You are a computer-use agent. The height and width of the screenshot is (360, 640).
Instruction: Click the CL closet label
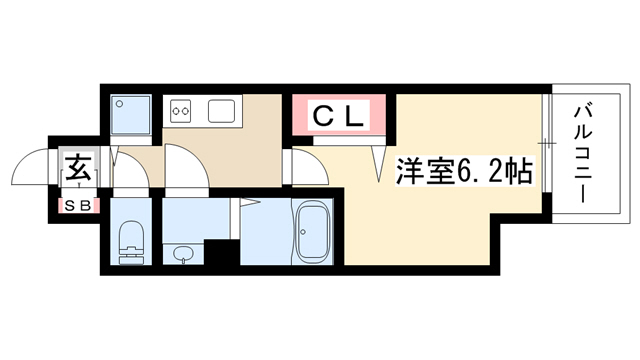click(338, 116)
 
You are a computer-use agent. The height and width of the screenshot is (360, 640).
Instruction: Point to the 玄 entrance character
click(78, 167)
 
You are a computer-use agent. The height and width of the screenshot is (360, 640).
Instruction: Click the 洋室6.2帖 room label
click(464, 171)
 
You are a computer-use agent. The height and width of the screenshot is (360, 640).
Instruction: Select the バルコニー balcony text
click(583, 154)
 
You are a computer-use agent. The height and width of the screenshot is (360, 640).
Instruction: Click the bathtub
click(314, 233)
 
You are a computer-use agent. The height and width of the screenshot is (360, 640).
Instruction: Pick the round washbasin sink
click(182, 254)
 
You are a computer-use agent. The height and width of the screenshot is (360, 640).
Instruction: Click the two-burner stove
click(180, 111)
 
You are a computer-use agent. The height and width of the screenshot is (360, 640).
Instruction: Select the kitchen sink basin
click(221, 111)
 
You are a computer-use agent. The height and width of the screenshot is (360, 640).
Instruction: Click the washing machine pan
click(131, 115)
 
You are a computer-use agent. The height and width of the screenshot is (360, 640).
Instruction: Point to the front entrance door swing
click(30, 167)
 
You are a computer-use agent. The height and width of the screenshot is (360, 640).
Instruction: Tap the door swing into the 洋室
click(310, 167)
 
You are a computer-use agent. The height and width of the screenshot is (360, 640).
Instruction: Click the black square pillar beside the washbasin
click(221, 252)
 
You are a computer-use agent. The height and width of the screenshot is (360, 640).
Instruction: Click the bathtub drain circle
click(302, 232)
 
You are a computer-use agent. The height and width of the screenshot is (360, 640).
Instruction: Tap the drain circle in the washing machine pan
click(119, 104)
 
